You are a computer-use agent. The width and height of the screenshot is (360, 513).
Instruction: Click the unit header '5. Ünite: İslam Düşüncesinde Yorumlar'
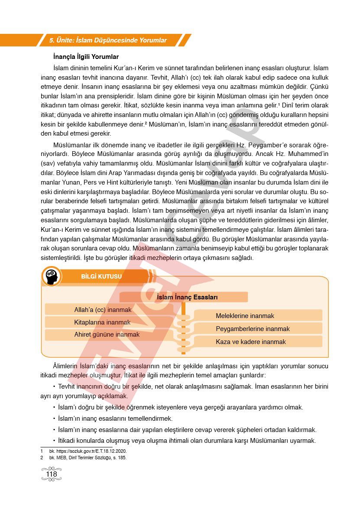click(108, 40)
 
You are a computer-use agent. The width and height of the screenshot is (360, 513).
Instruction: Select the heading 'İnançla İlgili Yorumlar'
click(86, 57)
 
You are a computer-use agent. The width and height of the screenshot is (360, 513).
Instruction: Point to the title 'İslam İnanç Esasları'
click(187, 297)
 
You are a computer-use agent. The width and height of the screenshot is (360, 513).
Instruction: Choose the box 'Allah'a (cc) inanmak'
click(103, 310)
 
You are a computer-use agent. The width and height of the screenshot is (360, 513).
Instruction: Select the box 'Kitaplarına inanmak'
click(102, 322)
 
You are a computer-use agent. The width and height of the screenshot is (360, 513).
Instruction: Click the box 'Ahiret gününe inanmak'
click(107, 334)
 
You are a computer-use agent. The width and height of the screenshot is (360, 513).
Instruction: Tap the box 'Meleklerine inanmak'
click(245, 316)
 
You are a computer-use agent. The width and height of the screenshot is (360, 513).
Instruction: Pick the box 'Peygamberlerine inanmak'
click(253, 329)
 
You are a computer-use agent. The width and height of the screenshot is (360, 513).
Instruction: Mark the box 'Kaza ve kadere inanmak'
click(251, 342)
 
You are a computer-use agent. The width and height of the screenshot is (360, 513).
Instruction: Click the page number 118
click(51, 474)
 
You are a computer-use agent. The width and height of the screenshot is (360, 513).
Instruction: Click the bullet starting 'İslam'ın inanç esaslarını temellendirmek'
click(115, 419)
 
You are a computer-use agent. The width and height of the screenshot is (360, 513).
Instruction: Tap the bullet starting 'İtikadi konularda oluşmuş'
click(186, 441)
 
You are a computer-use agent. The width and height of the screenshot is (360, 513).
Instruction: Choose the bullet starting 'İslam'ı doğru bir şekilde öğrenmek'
click(180, 407)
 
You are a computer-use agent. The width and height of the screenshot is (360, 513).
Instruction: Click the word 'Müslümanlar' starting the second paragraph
click(71, 144)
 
